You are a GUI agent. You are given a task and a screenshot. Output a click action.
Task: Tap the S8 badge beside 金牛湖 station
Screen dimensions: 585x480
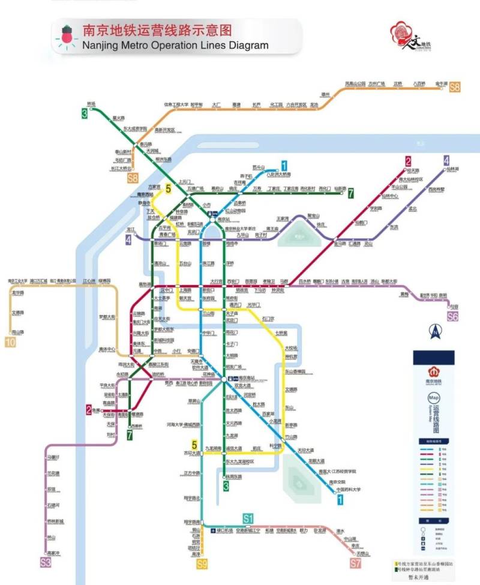pos(455,88)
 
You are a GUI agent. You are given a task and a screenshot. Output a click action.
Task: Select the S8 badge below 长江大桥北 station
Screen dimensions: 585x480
pos(133,178)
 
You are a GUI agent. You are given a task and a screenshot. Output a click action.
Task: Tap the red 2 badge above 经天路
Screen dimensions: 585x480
pos(408,161)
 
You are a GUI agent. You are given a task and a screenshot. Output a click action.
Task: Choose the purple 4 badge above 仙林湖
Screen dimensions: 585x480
pos(446,160)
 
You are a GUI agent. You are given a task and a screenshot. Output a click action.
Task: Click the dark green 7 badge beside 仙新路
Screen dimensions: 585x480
pos(352,193)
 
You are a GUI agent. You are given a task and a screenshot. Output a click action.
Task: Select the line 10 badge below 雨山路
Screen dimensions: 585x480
pos(10,343)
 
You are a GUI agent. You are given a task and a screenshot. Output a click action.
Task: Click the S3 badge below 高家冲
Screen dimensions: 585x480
pos(46,562)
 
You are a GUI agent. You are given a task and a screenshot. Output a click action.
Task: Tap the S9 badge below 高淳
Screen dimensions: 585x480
pos(202,563)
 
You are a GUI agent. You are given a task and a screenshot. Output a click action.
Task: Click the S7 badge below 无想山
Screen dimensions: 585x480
pos(356,563)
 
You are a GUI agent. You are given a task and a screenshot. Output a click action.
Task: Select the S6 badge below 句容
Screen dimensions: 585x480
pos(452,316)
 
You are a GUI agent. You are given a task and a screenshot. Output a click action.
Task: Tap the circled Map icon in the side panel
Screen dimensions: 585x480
pos(434,398)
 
